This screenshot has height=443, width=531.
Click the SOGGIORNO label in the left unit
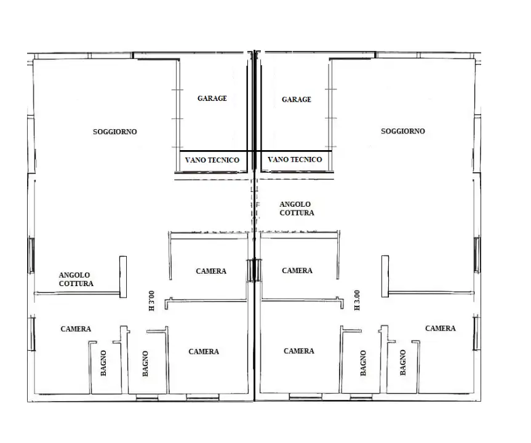coord(114,132)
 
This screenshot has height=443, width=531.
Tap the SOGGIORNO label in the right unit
coord(402,131)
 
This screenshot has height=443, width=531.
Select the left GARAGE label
coord(212,98)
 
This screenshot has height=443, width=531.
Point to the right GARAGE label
coord(296,100)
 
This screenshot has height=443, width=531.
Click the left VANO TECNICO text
coord(212,160)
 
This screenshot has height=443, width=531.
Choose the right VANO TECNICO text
coord(295,160)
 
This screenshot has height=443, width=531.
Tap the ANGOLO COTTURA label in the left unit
coord(76,279)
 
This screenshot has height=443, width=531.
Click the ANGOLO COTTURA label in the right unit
coord(296,208)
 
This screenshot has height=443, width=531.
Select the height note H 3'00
coord(151,301)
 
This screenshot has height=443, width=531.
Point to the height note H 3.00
coord(357,301)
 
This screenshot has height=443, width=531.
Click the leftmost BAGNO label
coord(103,363)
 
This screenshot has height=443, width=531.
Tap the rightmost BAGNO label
coord(402,363)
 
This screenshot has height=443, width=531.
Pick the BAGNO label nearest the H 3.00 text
coord(363,363)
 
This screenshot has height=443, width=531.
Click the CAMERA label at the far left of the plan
coord(76,329)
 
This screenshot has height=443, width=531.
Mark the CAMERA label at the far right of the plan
coord(441,329)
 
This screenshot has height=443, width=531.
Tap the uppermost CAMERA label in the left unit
coord(211,271)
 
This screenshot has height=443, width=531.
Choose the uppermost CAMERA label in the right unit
coord(297,271)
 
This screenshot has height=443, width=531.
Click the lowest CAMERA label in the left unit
coord(204,352)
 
